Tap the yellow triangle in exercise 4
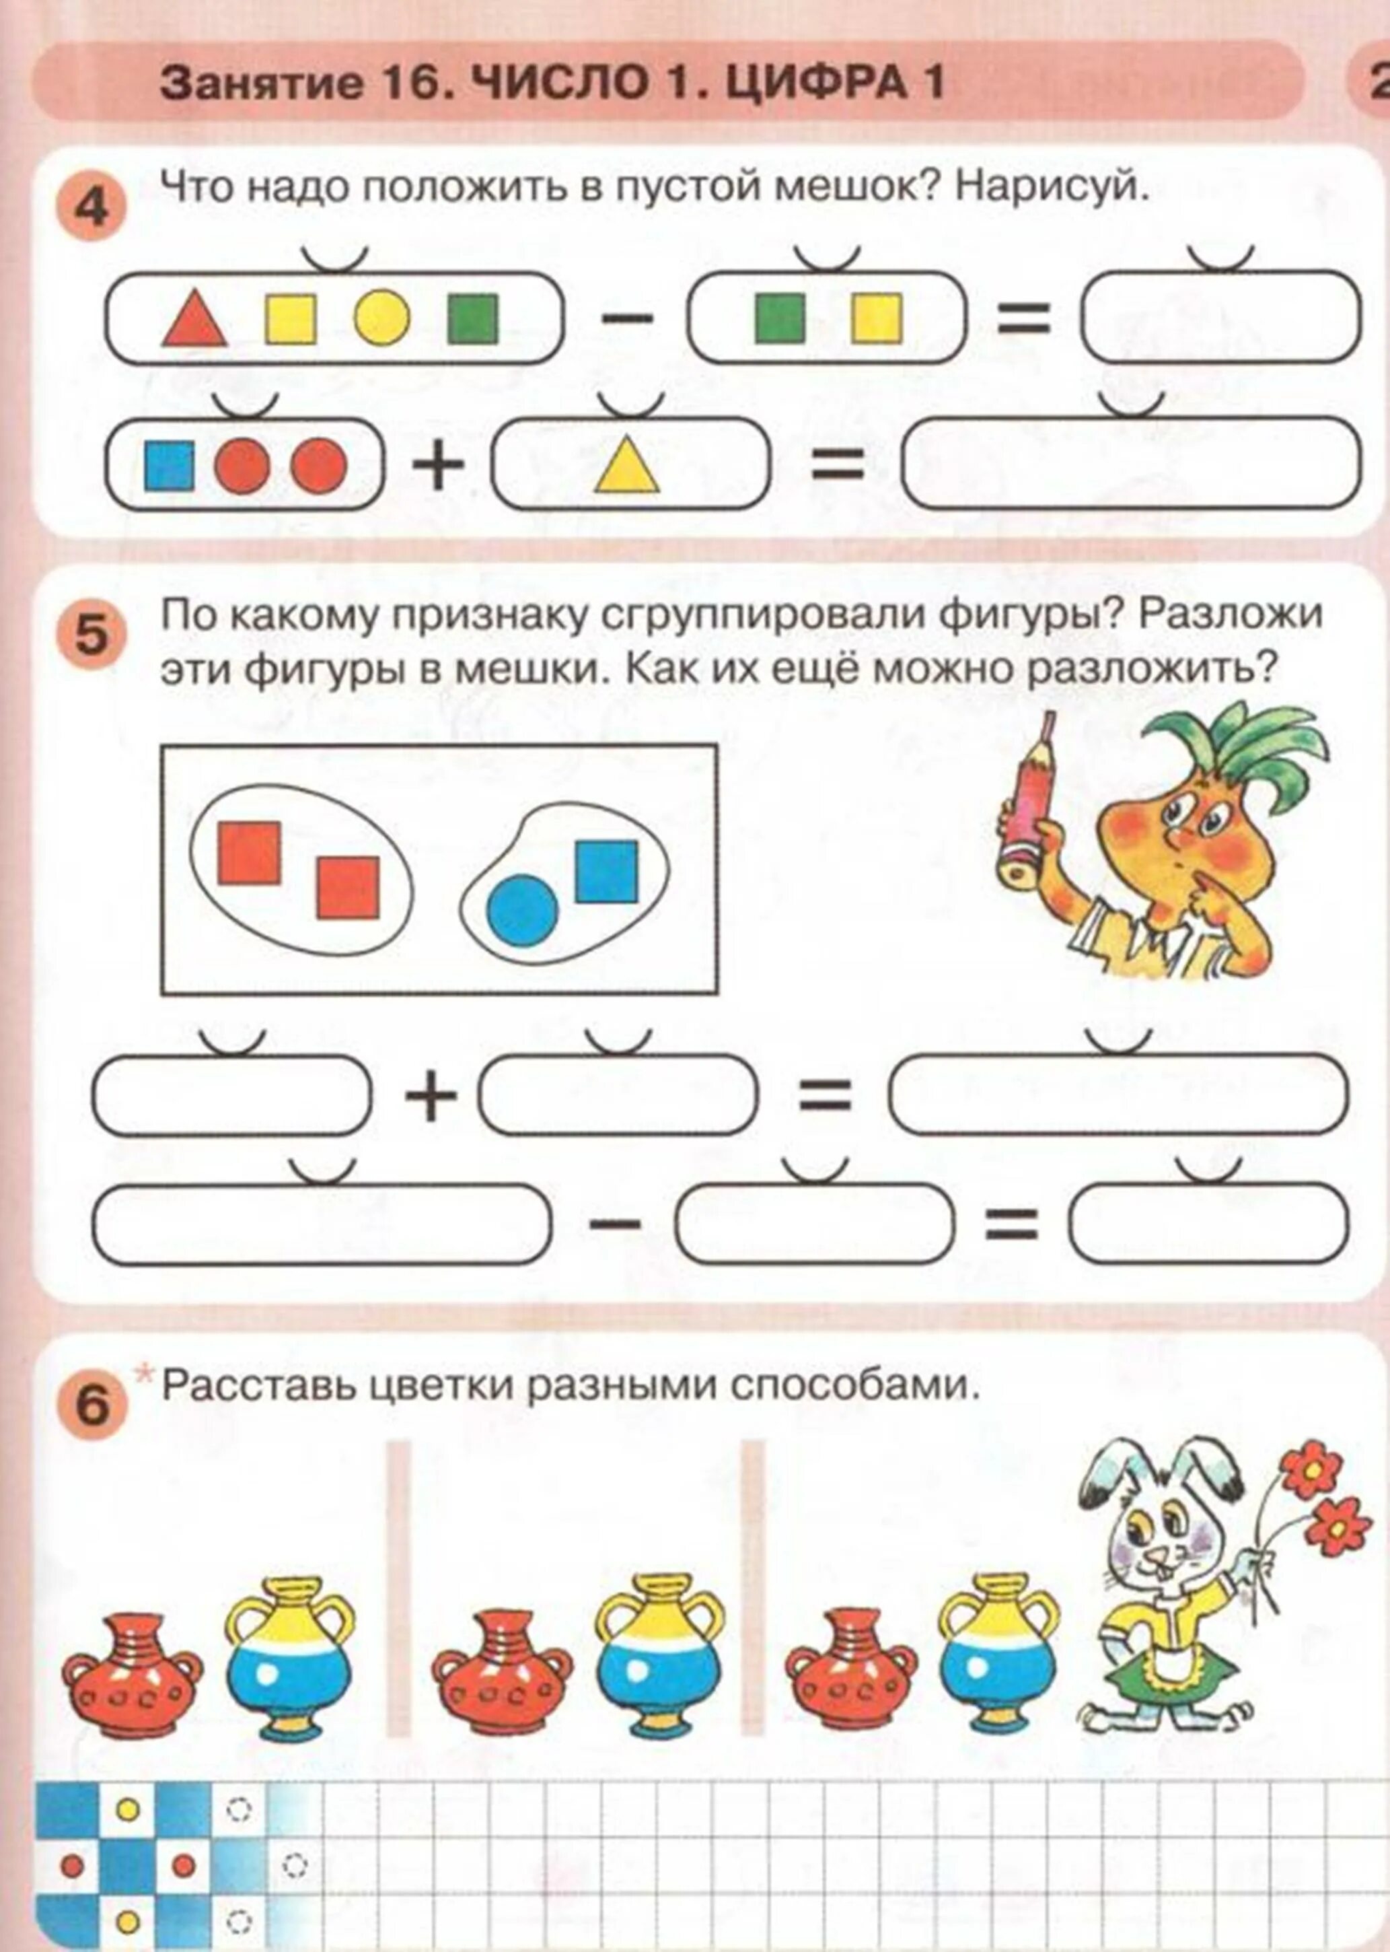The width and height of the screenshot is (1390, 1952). click(x=627, y=467)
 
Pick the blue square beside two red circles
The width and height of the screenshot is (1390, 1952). click(x=169, y=466)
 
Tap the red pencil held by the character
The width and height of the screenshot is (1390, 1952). click(x=1027, y=805)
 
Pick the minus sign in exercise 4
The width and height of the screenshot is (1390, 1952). click(x=626, y=318)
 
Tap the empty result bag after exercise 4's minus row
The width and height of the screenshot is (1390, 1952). click(x=1220, y=318)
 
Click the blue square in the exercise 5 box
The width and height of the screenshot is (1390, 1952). click(x=606, y=872)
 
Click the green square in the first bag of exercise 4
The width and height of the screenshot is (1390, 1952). click(x=472, y=318)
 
